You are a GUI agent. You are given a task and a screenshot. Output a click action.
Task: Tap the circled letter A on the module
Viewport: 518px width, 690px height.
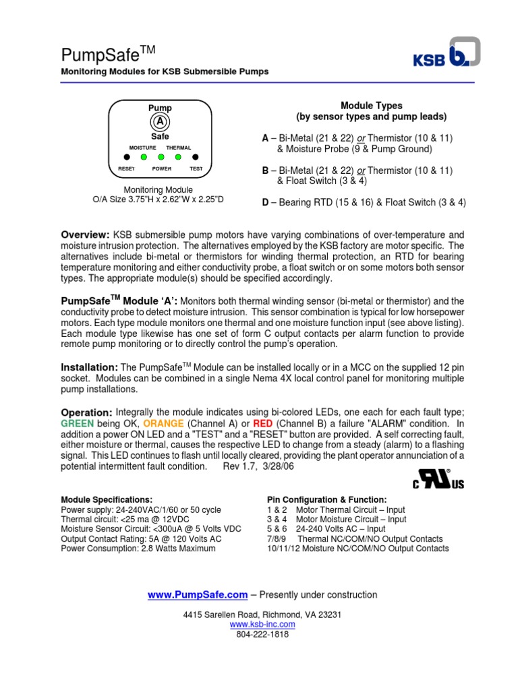[x=160, y=122]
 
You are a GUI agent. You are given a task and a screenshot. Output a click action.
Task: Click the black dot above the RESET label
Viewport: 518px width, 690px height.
[x=126, y=158]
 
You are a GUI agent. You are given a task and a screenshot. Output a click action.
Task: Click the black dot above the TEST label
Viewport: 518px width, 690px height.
[x=195, y=158]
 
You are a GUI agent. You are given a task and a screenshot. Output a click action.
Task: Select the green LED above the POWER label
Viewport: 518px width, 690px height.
[x=161, y=158]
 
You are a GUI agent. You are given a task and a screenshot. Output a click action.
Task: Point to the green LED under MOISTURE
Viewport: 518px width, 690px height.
[x=143, y=158]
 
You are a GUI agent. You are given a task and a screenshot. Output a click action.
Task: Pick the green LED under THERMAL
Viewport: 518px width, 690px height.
[x=178, y=158]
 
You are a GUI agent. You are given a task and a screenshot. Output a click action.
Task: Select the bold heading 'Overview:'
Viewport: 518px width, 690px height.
[x=86, y=234]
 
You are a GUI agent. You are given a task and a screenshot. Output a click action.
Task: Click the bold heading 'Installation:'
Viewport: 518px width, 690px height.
[x=90, y=367]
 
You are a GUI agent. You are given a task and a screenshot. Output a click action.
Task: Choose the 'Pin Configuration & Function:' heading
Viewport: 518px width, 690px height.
[x=327, y=500]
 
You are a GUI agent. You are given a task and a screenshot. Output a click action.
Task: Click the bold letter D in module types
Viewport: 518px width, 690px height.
[x=265, y=202]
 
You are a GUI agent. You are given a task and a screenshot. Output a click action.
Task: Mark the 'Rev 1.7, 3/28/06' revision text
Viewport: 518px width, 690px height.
[x=261, y=466]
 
